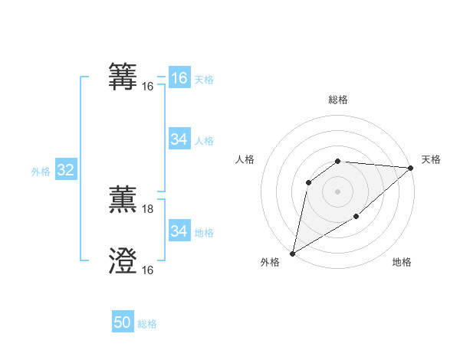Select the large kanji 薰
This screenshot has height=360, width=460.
[x=124, y=199]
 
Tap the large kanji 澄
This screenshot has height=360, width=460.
[x=124, y=261]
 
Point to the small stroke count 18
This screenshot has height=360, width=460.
[x=148, y=209]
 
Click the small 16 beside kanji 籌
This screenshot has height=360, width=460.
[x=148, y=87]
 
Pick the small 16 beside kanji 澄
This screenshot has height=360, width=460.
[x=148, y=270]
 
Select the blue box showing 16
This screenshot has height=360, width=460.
[x=179, y=78]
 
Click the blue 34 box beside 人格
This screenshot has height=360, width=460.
[x=179, y=139]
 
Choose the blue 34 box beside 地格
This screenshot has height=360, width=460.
[x=179, y=231]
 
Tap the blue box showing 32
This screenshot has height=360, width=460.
[x=65, y=171]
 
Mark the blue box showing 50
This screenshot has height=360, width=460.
[x=123, y=323]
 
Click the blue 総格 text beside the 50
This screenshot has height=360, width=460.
[x=147, y=325]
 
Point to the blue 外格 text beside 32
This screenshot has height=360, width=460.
[x=41, y=172]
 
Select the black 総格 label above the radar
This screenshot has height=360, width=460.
[x=337, y=100]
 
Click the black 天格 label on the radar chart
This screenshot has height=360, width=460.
[x=431, y=159]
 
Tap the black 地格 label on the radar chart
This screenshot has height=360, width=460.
[x=402, y=263]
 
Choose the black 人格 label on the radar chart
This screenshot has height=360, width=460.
[x=245, y=159]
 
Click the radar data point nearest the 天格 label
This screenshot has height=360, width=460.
[x=410, y=168]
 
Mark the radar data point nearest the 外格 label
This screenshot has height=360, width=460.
[x=292, y=253]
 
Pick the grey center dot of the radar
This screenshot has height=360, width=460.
[x=337, y=191]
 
